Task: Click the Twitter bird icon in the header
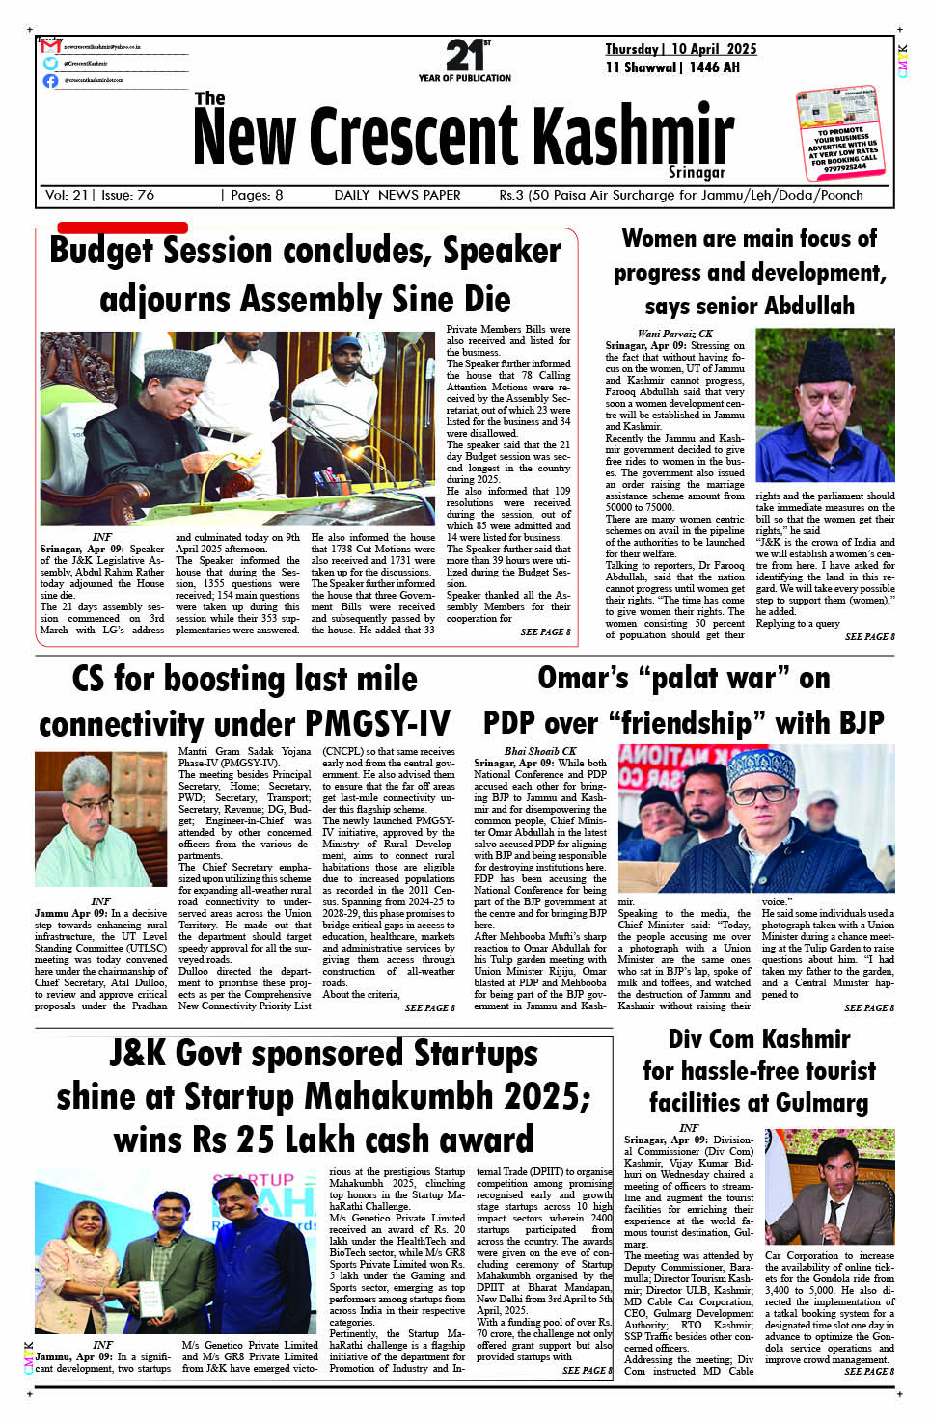pos(50,64)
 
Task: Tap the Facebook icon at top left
pos(50,81)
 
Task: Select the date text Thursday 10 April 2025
pos(680,49)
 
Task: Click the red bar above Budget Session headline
pos(123,228)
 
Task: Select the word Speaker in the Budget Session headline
pos(502,252)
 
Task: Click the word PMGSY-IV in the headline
pos(378,724)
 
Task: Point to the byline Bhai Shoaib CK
pos(540,751)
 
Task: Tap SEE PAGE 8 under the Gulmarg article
pos(869,1371)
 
